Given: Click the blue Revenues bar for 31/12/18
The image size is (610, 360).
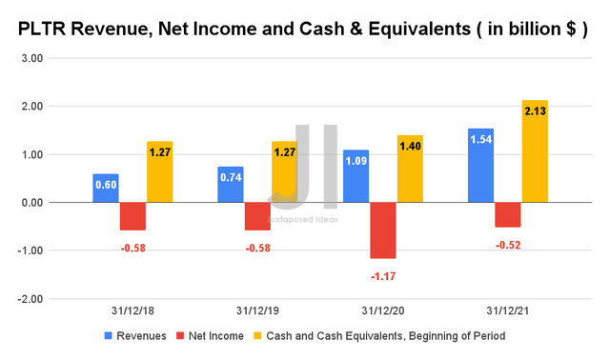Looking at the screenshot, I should pyautogui.click(x=105, y=188).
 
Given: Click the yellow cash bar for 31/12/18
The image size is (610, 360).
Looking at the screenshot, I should pyautogui.click(x=159, y=171).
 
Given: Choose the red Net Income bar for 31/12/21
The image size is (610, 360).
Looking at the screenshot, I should pyautogui.click(x=508, y=214).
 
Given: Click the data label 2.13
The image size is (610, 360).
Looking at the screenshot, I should pyautogui.click(x=535, y=111).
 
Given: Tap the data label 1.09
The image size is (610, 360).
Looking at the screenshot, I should pyautogui.click(x=356, y=160).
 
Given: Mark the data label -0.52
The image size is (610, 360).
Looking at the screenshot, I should pyautogui.click(x=508, y=245).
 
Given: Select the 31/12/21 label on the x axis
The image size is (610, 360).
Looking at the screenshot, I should pyautogui.click(x=508, y=311).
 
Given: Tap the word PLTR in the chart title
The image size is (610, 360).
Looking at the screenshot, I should pyautogui.click(x=47, y=30).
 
